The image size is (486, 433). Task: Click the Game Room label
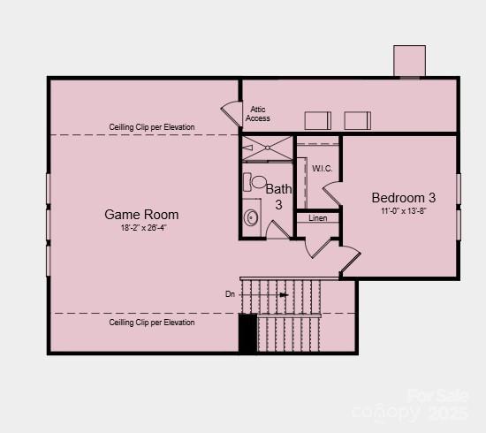point(141,215)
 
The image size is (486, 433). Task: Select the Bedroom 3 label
point(403,198)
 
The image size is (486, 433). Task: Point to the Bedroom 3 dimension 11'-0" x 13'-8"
point(403,211)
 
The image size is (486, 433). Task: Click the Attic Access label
point(258,114)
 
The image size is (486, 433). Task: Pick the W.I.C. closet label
point(321,168)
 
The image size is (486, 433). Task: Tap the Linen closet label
point(317,218)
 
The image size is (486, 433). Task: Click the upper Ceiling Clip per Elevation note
point(152,127)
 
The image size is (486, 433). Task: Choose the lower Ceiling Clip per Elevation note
point(152,323)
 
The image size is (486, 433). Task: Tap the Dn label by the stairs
point(230,294)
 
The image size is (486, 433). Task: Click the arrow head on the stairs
point(284,295)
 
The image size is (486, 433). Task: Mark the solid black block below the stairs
point(248,334)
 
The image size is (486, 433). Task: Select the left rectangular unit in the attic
point(318,120)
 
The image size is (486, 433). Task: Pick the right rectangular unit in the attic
point(357,120)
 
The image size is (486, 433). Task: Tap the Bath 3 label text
point(278,196)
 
